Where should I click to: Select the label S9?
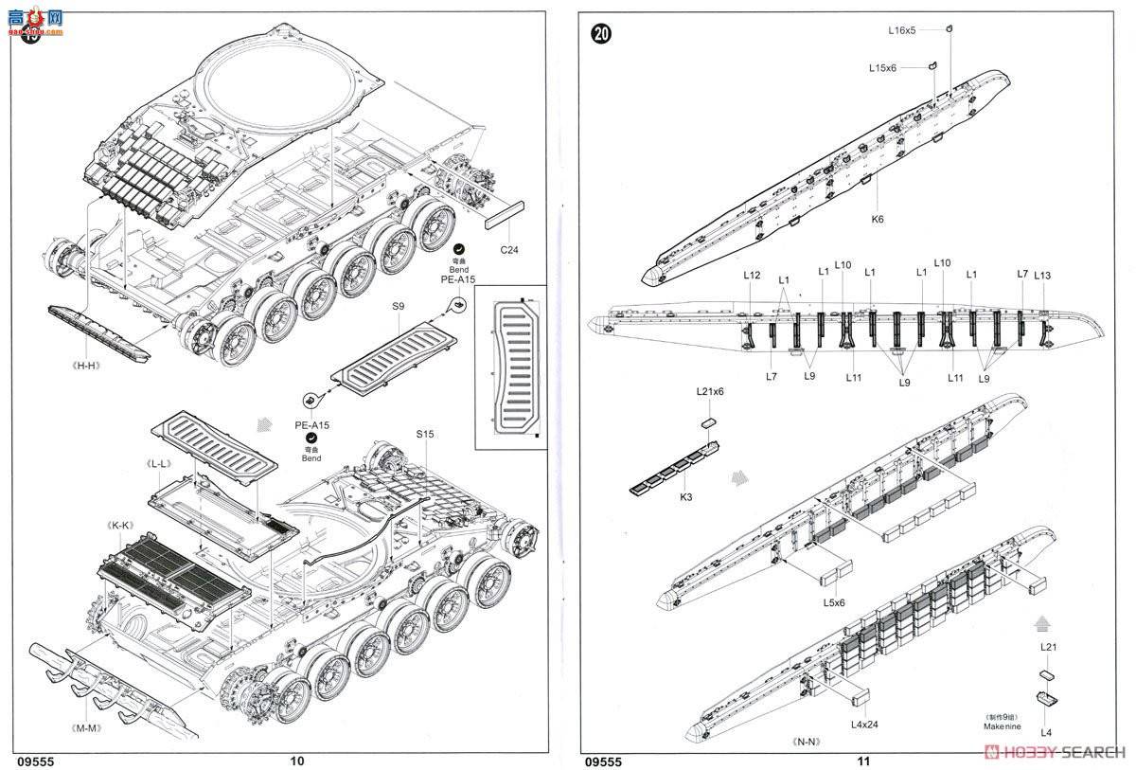398,306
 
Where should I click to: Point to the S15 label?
424,434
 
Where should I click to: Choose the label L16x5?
901,30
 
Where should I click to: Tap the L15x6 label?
883,67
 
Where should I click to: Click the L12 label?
752,275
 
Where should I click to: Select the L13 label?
1042,275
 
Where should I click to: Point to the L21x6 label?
709,391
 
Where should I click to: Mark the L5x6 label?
834,601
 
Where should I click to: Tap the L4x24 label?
863,724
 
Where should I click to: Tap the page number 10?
296,760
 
